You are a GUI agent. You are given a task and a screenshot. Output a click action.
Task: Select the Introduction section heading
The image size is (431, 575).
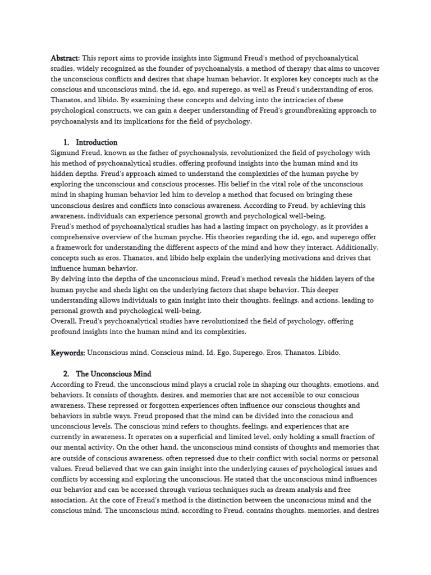coord(97,143)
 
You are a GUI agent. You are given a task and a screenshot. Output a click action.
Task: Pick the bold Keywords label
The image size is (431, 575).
coord(67,353)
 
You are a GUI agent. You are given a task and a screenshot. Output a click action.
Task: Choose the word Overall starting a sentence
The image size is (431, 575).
coord(64,321)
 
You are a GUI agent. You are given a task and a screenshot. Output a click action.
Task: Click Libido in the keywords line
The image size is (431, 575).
coord(327,353)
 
